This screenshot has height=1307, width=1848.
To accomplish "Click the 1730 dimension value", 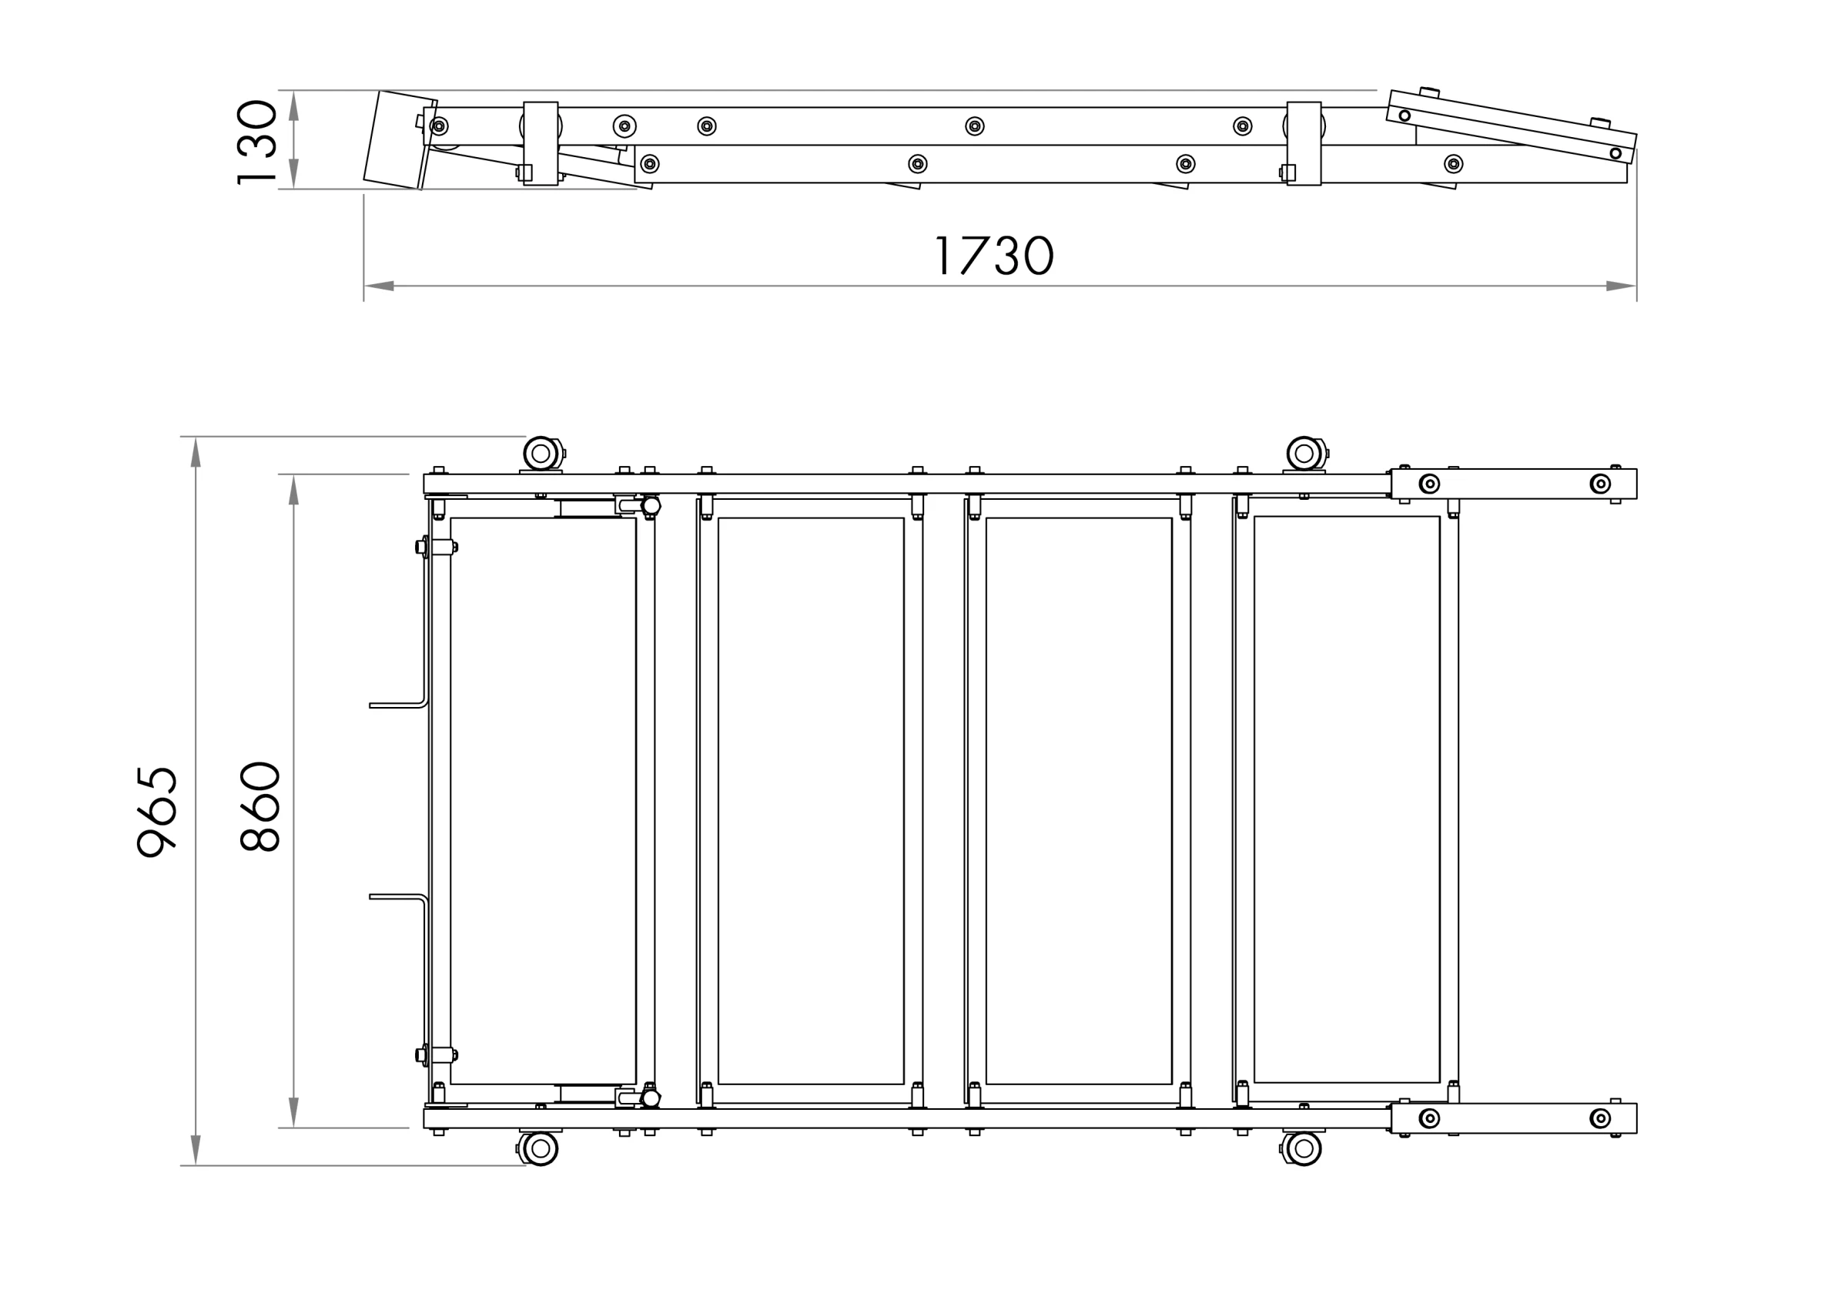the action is point(995,255).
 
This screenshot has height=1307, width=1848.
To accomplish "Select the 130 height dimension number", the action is point(256,142).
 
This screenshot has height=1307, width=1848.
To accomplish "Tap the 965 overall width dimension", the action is point(156,812).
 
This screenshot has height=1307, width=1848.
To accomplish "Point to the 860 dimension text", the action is point(259,806).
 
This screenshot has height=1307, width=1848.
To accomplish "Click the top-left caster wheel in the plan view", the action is point(541,454).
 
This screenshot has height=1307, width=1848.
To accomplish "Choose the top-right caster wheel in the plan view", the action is point(1304,454).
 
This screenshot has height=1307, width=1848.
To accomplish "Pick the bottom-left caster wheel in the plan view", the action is point(541,1148).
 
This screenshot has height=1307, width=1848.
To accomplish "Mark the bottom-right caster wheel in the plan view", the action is point(1304,1148).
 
